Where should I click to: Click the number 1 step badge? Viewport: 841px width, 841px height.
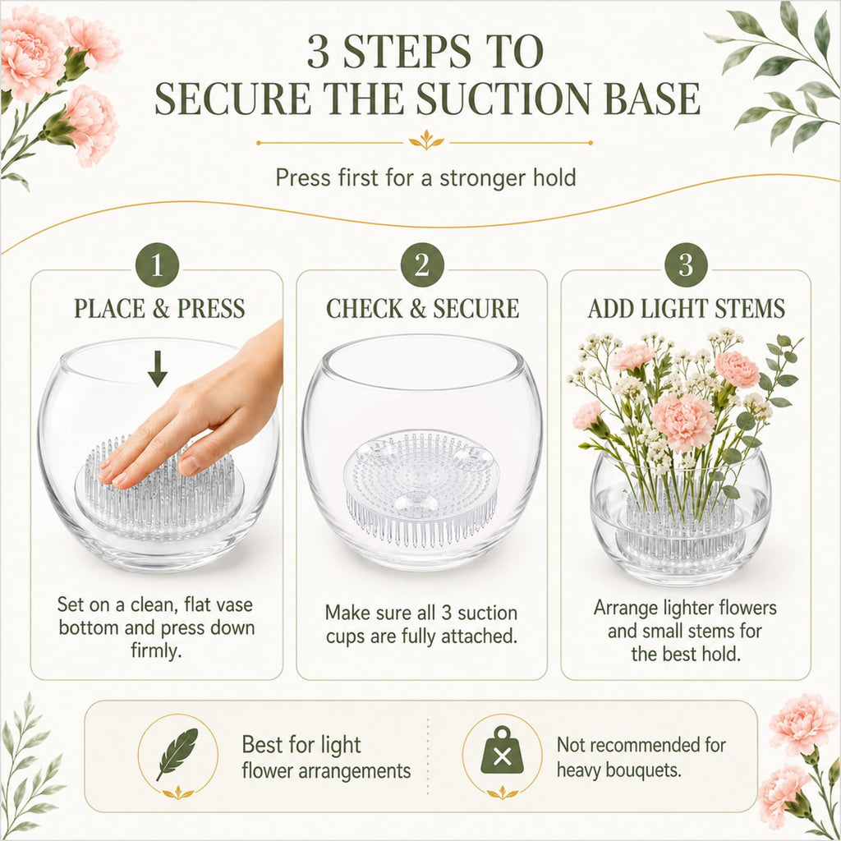157,264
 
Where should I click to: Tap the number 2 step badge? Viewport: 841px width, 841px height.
422,264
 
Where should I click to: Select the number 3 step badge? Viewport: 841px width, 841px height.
686,264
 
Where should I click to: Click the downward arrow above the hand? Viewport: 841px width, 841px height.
157,369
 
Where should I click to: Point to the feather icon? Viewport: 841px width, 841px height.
177,754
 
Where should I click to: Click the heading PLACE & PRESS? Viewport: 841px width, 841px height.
159,309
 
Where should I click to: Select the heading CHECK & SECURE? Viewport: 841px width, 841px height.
423,309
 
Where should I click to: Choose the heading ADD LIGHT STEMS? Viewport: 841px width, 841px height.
687,309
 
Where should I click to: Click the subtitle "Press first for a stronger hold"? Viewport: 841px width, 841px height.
426,177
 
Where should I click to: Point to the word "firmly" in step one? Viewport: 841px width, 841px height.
155,650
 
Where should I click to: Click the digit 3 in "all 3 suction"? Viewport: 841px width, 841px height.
446,613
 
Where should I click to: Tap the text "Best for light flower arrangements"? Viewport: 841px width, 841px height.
326,758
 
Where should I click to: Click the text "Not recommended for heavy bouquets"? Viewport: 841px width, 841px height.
641,757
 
